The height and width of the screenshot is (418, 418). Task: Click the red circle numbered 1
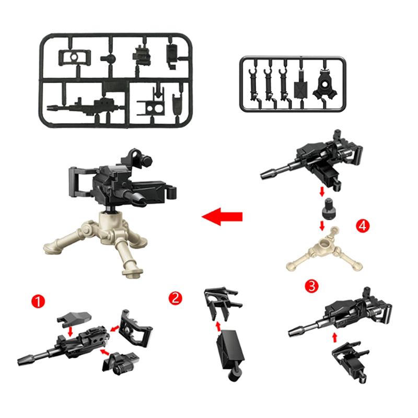tap(38, 301)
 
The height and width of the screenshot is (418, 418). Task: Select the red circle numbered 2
tap(176, 298)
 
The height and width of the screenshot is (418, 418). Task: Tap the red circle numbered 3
tap(311, 286)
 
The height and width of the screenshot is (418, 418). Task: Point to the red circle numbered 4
tap(363, 226)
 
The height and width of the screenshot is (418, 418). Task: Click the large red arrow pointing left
tap(222, 216)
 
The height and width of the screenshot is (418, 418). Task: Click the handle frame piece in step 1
tap(135, 329)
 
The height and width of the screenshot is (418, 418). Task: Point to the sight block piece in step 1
tap(121, 363)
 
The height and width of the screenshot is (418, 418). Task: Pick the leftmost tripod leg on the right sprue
tap(253, 85)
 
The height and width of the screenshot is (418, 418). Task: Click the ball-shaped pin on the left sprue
tap(110, 59)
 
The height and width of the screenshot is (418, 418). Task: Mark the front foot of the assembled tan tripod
tap(133, 272)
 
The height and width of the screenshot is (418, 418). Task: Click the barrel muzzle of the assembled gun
tap(141, 198)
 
